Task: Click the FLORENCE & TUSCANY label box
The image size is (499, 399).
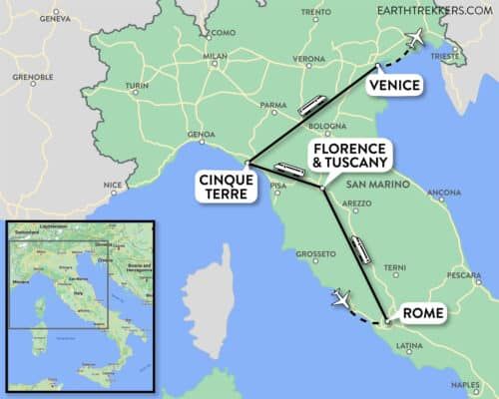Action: (x=349, y=158)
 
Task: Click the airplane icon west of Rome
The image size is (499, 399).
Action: (x=341, y=297)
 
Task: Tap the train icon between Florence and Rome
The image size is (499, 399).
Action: (x=361, y=249)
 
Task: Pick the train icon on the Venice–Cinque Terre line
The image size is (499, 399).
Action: (x=310, y=105)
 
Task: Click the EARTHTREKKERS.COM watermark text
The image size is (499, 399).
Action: (x=433, y=10)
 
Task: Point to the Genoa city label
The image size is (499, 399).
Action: (x=201, y=135)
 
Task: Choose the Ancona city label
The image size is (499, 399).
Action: (x=443, y=192)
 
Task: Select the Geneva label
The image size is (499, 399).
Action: (x=53, y=18)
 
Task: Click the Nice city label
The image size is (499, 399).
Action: (x=113, y=185)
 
